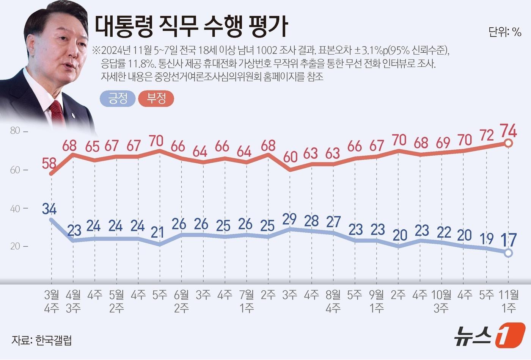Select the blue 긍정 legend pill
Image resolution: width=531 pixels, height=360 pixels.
118,99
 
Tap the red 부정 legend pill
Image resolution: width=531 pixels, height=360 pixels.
156,99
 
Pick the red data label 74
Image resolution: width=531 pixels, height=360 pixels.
508,131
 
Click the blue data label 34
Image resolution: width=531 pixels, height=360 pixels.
49,209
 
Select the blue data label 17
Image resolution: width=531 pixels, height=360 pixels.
508,239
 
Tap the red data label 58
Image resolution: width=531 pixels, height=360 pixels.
49,163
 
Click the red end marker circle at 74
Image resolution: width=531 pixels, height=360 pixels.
509,143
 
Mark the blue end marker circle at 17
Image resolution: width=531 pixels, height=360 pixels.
509,253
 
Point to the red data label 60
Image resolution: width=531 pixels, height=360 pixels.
290,157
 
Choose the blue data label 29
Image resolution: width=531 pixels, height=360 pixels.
290,219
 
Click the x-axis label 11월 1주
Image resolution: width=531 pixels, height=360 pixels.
509,301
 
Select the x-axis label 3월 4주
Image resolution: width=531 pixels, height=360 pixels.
52,301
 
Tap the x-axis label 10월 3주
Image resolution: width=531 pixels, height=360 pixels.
441,301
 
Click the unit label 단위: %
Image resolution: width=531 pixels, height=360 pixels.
505,32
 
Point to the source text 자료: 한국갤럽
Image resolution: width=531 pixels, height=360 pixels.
41,340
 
